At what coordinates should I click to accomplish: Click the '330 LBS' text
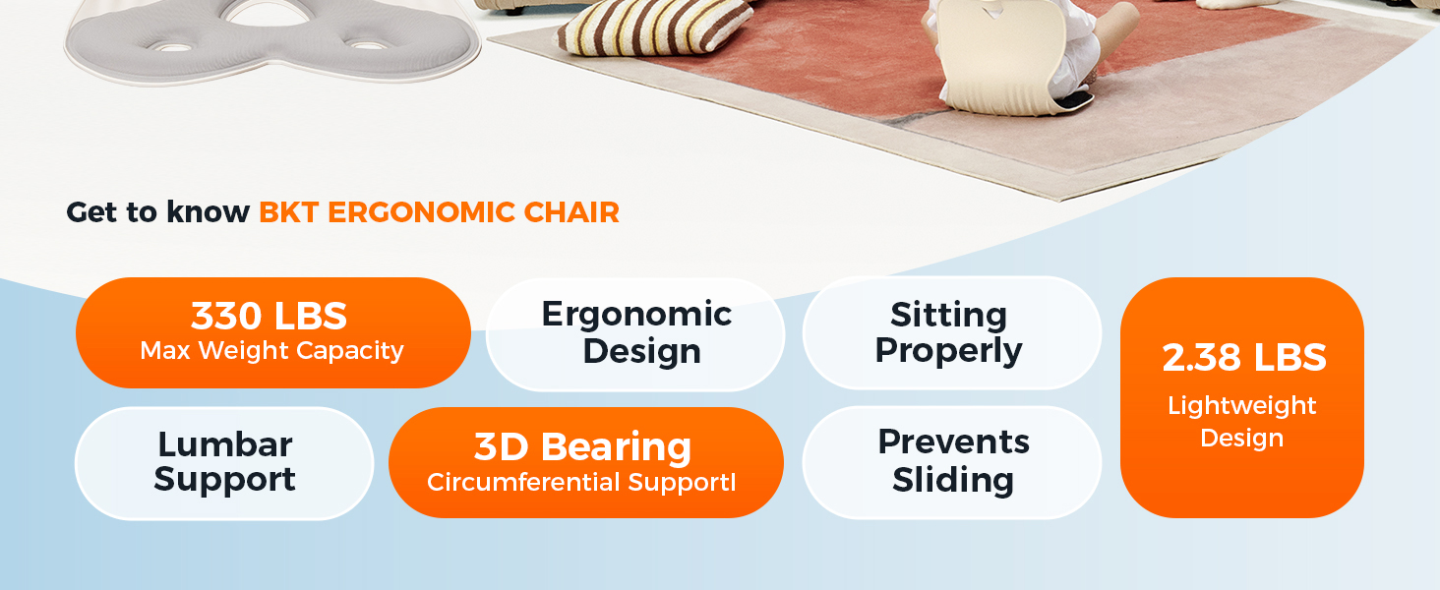click(270, 316)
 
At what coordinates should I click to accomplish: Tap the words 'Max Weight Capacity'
click(271, 351)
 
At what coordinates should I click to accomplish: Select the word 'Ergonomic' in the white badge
click(636, 314)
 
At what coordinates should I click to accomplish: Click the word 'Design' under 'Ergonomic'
click(641, 351)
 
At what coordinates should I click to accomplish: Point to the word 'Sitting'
click(948, 314)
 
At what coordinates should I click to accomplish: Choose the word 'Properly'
click(948, 350)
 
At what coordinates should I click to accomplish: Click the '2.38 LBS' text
click(1243, 358)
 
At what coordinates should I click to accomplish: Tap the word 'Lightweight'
click(1241, 405)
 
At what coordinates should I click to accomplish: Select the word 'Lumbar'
click(224, 443)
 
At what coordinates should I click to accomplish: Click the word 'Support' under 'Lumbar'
click(224, 480)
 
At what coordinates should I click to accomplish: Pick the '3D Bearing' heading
click(582, 446)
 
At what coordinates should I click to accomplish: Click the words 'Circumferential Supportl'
click(581, 483)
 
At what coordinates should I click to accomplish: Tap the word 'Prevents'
click(953, 442)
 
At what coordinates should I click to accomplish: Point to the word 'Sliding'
click(952, 480)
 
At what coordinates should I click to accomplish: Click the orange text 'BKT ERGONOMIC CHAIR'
click(439, 211)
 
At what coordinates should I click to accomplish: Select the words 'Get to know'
click(157, 211)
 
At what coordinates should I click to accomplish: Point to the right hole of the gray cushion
click(368, 45)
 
